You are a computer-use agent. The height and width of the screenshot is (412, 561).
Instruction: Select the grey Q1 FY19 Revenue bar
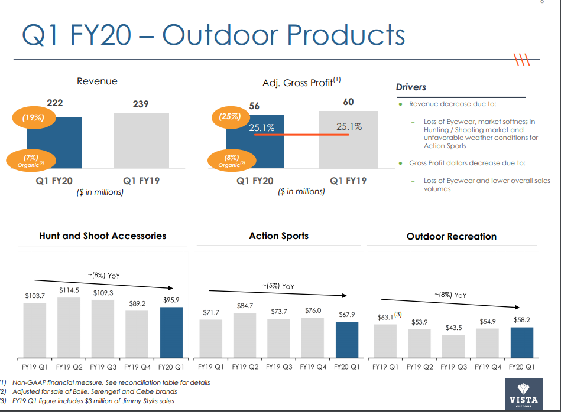pyautogui.click(x=141, y=140)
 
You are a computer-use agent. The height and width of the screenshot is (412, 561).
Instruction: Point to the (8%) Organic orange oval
pyautogui.click(x=231, y=161)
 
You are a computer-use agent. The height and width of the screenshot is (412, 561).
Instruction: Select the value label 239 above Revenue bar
pyautogui.click(x=141, y=104)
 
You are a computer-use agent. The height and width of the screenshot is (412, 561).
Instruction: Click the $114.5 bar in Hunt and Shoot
pyautogui.click(x=69, y=328)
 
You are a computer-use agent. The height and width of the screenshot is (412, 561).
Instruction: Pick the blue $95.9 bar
pyautogui.click(x=171, y=332)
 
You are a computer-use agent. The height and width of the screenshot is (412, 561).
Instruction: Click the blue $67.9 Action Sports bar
pyautogui.click(x=347, y=339)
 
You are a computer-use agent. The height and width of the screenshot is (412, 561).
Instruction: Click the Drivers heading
pyautogui.click(x=411, y=87)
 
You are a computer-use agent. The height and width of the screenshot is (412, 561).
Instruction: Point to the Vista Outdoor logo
pyautogui.click(x=523, y=394)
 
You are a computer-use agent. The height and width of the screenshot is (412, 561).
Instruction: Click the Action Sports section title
pyautogui.click(x=278, y=236)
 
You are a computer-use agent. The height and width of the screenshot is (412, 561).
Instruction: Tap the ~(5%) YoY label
pyautogui.click(x=278, y=286)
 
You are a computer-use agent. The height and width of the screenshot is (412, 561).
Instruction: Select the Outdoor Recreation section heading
pyautogui.click(x=451, y=236)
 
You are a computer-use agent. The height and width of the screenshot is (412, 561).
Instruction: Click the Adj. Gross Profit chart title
pyautogui.click(x=301, y=83)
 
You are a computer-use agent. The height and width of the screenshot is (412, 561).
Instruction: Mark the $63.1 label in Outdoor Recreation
pyautogui.click(x=385, y=318)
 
